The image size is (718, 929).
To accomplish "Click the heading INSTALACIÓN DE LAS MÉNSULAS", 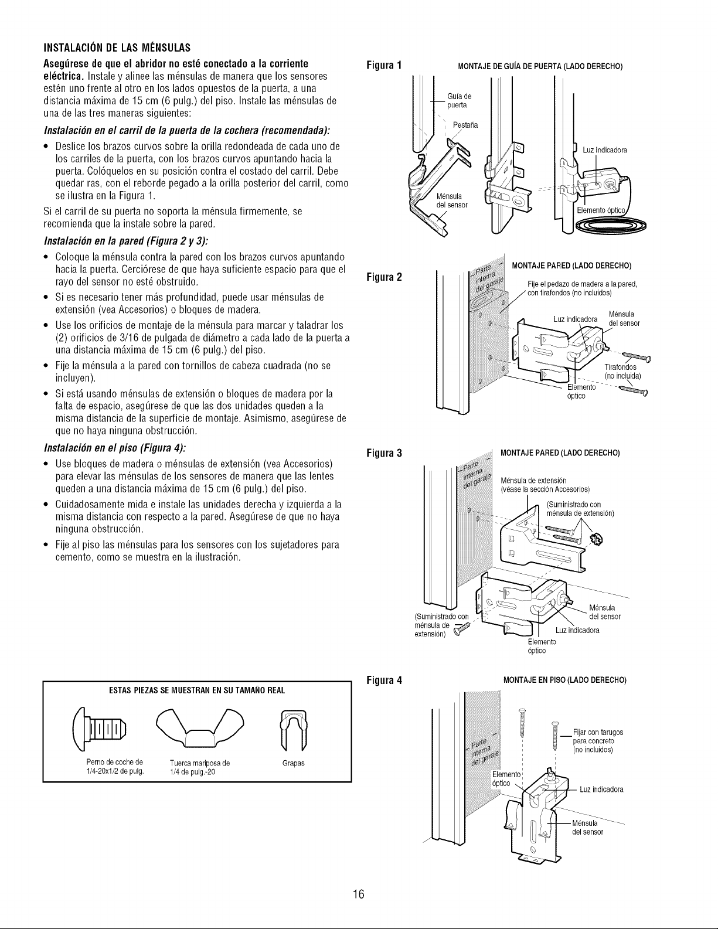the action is pyautogui.click(x=117, y=47).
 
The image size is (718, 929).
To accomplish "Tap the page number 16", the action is pyautogui.click(x=359, y=893).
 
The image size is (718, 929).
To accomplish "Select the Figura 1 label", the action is pyautogui.click(x=384, y=66).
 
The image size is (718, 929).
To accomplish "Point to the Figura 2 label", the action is pyautogui.click(x=384, y=277).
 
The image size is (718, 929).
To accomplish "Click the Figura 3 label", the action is pyautogui.click(x=384, y=452).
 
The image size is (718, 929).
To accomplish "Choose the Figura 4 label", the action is pyautogui.click(x=384, y=680).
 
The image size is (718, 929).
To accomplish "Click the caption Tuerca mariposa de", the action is pyautogui.click(x=200, y=763).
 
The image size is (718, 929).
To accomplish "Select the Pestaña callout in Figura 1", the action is pyautogui.click(x=465, y=125).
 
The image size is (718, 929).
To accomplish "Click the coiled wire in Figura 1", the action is pyautogui.click(x=611, y=225).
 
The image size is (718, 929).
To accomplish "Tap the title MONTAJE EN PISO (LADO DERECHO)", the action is pyautogui.click(x=564, y=680).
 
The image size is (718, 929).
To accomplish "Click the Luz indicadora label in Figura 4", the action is pyautogui.click(x=601, y=789).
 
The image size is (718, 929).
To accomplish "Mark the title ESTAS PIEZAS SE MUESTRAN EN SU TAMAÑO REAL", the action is pyautogui.click(x=197, y=690).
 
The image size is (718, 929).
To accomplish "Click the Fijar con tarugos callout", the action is pyautogui.click(x=598, y=732).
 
